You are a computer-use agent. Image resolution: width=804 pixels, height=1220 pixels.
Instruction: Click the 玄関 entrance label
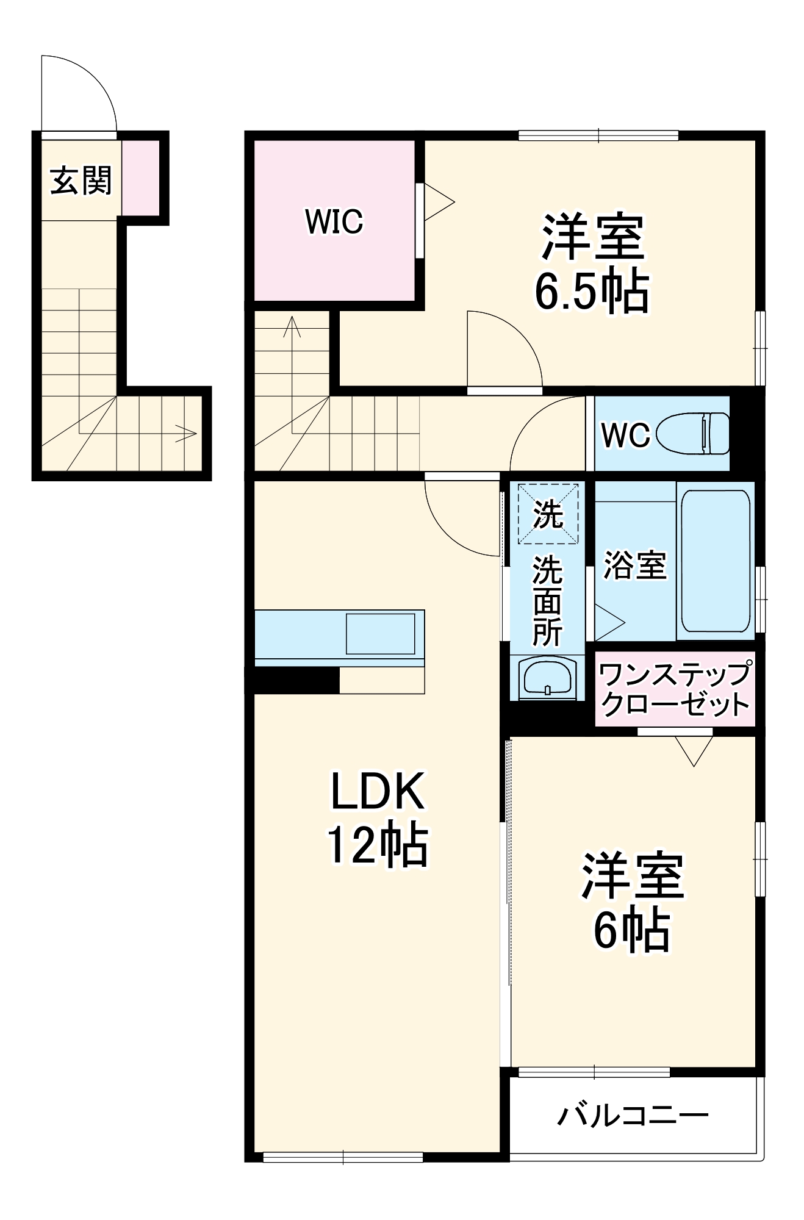(x=81, y=181)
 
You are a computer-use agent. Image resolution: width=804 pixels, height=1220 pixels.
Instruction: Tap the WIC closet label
(x=334, y=221)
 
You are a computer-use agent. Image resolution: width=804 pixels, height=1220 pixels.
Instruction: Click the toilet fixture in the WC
(x=694, y=434)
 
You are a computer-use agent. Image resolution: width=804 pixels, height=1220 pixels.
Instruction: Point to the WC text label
(x=625, y=435)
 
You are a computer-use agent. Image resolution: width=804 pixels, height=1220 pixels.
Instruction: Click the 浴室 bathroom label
(x=634, y=565)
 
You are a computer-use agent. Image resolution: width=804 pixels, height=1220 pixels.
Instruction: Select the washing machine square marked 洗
(x=548, y=514)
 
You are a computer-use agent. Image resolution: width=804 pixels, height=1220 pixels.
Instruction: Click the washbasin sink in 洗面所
(x=547, y=677)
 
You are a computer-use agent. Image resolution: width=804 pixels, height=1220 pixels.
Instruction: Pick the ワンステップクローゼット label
(x=675, y=689)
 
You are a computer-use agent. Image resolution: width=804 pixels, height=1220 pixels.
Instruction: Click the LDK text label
(x=377, y=792)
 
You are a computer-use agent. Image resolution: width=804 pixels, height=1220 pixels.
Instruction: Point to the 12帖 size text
(x=377, y=845)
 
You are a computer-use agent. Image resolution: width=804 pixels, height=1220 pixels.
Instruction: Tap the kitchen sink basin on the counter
(x=380, y=634)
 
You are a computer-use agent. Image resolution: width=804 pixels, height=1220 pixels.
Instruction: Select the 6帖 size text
(x=632, y=931)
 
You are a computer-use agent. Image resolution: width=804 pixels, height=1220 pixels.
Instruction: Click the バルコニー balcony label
(x=633, y=1116)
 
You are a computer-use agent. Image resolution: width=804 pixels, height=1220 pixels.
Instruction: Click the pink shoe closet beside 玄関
(x=141, y=177)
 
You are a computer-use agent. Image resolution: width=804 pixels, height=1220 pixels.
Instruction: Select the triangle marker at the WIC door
(x=438, y=202)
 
